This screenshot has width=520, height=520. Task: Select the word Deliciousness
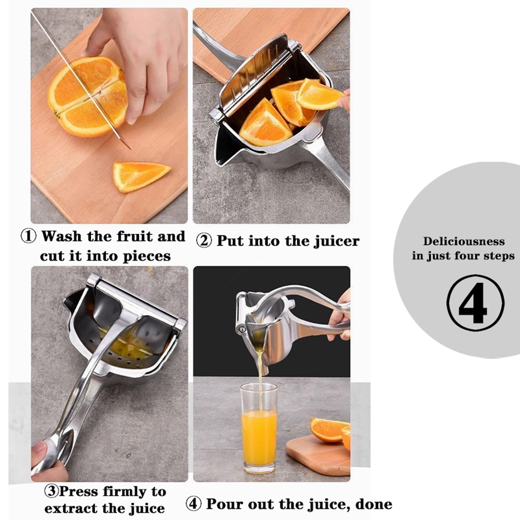click(464, 241)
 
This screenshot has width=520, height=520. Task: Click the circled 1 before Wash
click(28, 236)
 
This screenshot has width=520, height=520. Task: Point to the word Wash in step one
click(62, 236)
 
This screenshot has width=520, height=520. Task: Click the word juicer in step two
click(337, 241)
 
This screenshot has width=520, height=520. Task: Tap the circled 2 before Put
click(204, 241)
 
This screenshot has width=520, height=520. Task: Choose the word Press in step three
click(77, 491)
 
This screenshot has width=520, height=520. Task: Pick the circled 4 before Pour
click(193, 504)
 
